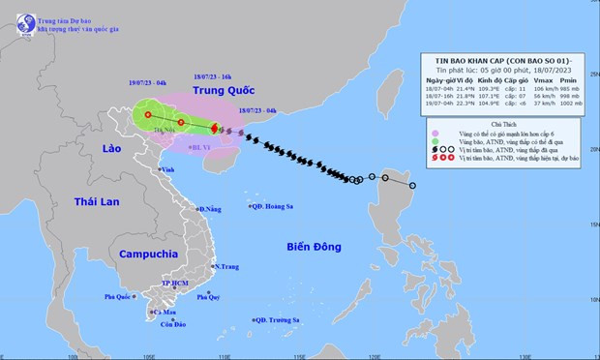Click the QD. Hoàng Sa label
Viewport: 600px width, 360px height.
(275, 205)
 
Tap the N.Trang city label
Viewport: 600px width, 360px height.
(227, 266)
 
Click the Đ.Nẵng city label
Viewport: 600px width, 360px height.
(210, 209)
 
